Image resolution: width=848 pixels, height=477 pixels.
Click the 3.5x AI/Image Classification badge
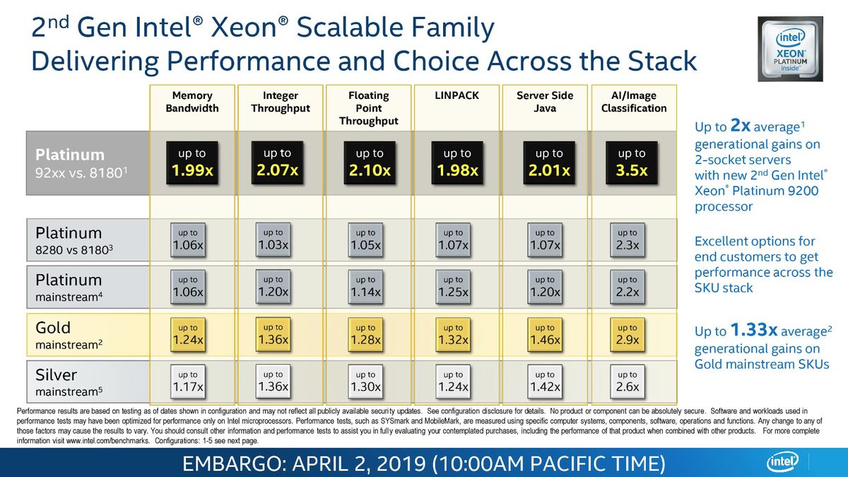click(x=632, y=163)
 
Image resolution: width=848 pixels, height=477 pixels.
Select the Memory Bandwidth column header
click(x=192, y=102)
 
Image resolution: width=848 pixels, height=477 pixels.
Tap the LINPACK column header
click(x=457, y=95)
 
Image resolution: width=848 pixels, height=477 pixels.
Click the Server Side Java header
click(x=545, y=102)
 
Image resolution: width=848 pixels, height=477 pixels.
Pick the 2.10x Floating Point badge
click(x=369, y=163)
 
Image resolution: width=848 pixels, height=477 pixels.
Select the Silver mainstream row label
click(x=66, y=382)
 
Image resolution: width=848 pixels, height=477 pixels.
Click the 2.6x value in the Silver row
click(x=627, y=382)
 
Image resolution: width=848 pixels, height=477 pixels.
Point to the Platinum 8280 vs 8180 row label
click(x=73, y=241)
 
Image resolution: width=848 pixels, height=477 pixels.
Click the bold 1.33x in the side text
click(x=754, y=330)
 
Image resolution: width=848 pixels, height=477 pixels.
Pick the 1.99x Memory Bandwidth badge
click(x=192, y=163)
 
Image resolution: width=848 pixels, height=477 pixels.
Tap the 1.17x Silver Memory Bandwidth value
click(x=188, y=382)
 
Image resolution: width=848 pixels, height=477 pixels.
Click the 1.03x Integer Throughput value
click(x=273, y=240)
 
